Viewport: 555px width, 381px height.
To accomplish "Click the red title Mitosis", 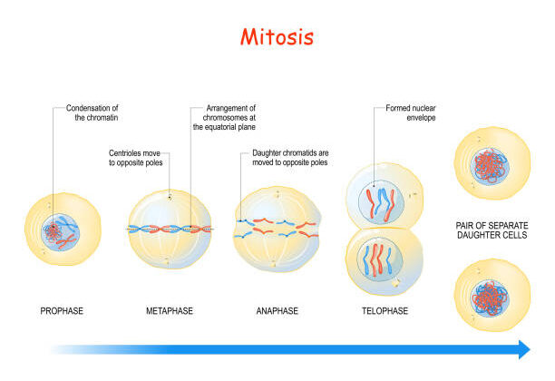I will point(277,37).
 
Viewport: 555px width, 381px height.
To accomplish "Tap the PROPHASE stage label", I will point(62,311).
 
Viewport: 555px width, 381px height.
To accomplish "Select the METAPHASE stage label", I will point(169,311).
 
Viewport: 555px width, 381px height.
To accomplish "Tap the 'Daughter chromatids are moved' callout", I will point(289,159).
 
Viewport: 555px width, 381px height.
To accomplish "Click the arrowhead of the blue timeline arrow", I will point(523,349).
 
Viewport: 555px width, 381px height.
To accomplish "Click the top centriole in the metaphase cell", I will point(170,195).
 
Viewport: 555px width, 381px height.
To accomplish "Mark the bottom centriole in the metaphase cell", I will point(170,263).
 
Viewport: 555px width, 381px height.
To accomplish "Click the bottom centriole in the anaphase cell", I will point(276,264).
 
